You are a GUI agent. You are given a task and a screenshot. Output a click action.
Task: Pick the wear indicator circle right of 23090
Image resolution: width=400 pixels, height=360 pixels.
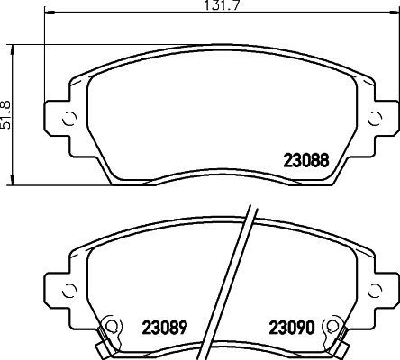coord(337,327)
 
